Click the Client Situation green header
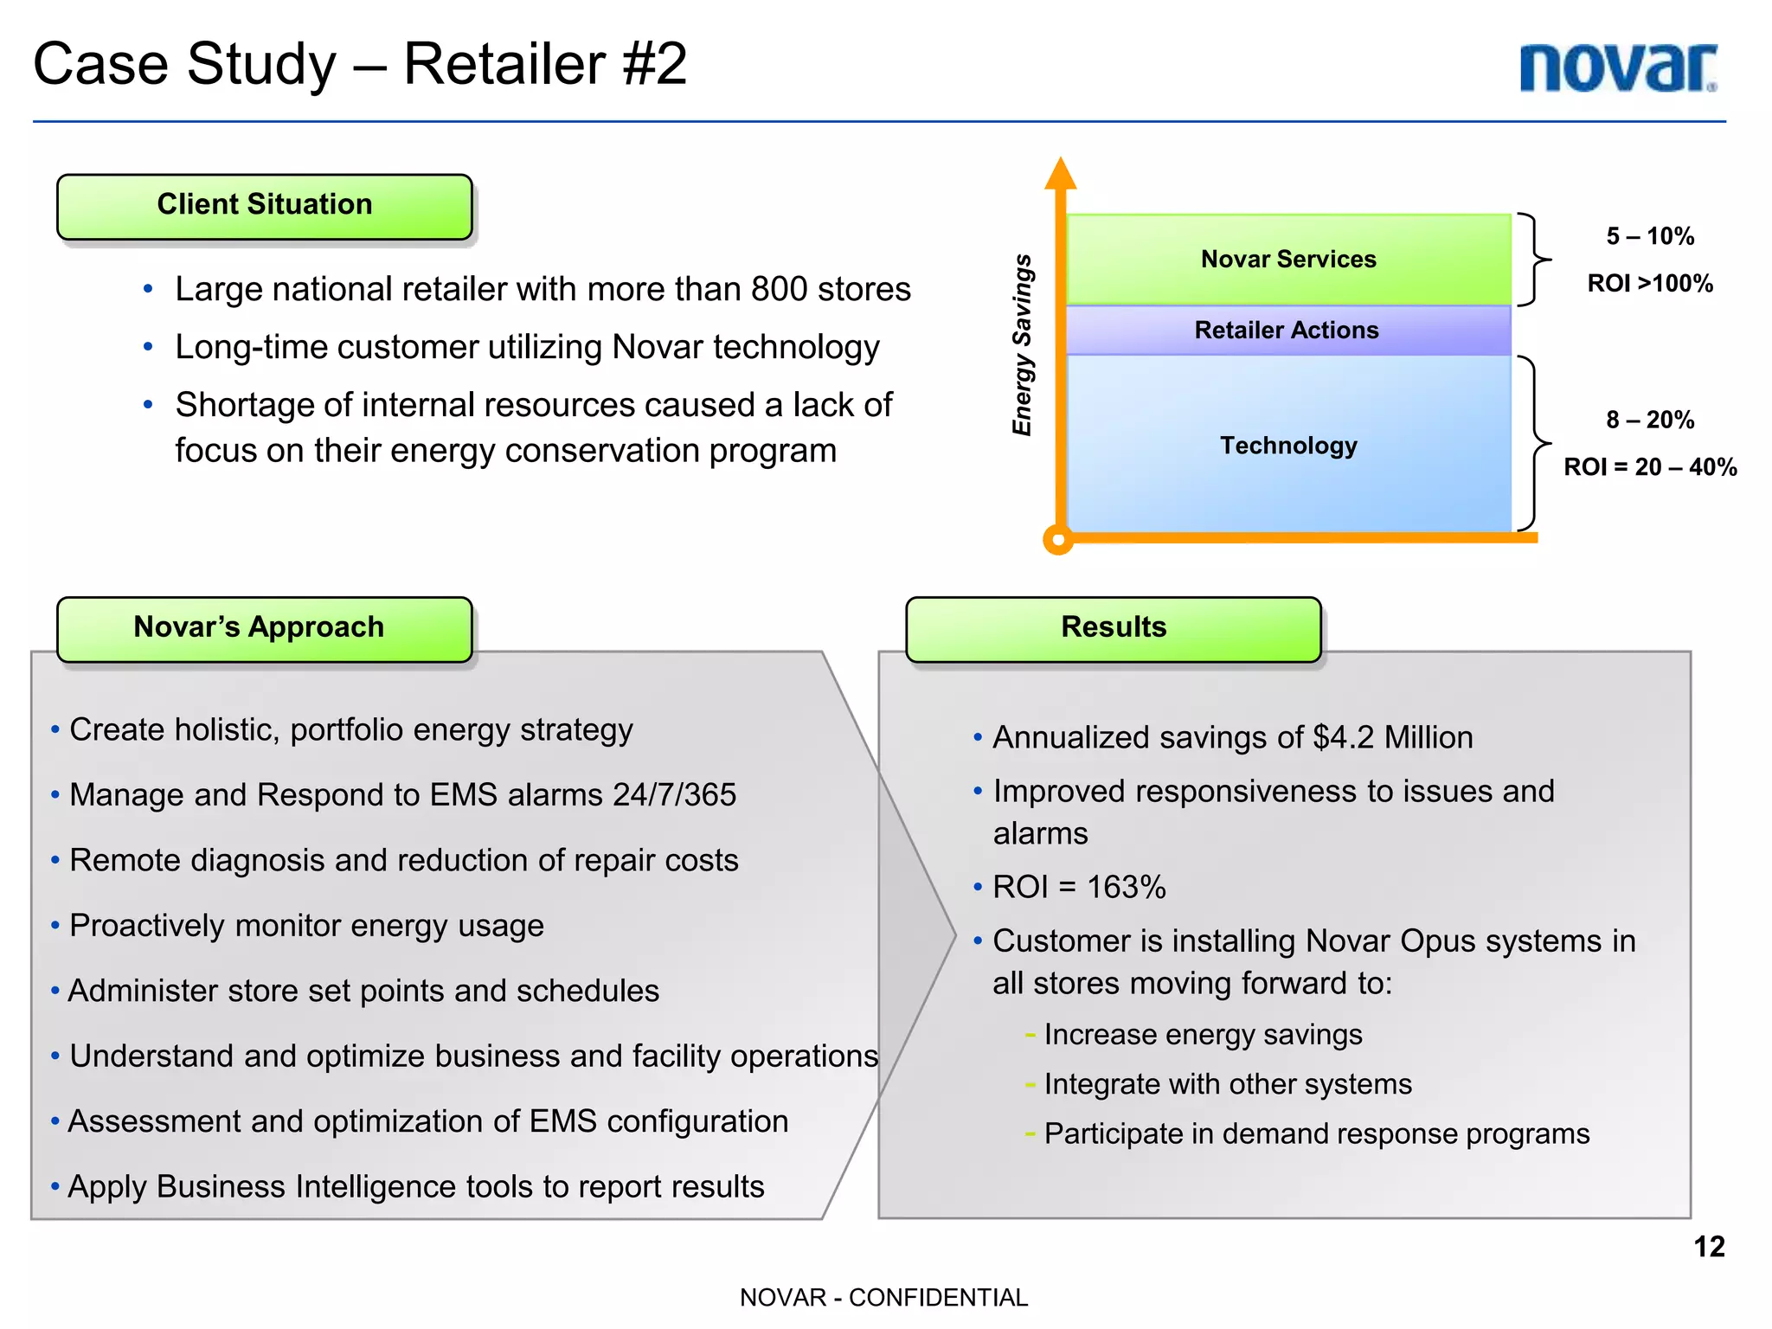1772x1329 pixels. tap(265, 206)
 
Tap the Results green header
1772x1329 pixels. tap(1114, 628)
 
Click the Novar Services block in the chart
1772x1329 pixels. tap(1288, 259)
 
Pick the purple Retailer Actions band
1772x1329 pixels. tap(1288, 331)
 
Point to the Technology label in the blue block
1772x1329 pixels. tap(1288, 446)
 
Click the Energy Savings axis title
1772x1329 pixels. tap(1023, 345)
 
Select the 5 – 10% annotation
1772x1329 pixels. tap(1650, 236)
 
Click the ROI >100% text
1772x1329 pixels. tap(1650, 284)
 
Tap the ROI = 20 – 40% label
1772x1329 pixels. tap(1650, 467)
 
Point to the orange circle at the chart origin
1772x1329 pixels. tap(1058, 540)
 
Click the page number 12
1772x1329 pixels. tap(1709, 1247)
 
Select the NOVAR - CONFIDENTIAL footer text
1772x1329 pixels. tap(883, 1298)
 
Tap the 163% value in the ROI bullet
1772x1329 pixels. tap(1126, 888)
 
